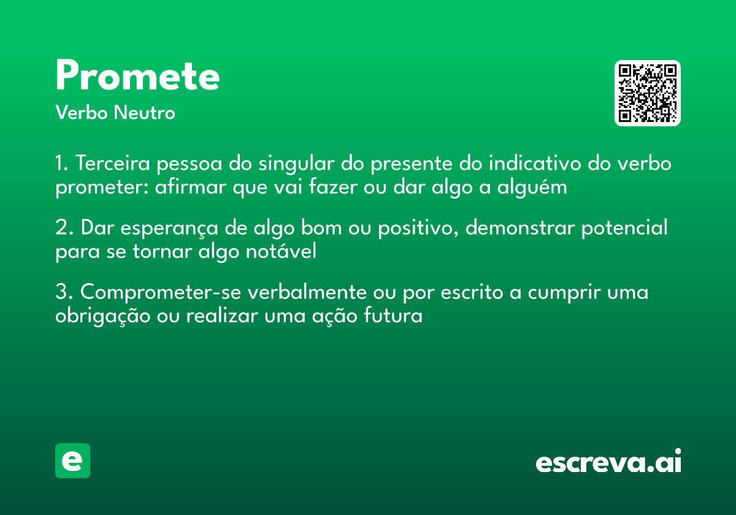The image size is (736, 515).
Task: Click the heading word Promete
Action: pyautogui.click(x=137, y=77)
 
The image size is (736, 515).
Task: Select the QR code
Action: pyautogui.click(x=647, y=93)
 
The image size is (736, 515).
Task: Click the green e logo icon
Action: pyautogui.click(x=72, y=460)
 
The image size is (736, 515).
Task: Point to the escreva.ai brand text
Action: pyautogui.click(x=608, y=462)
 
